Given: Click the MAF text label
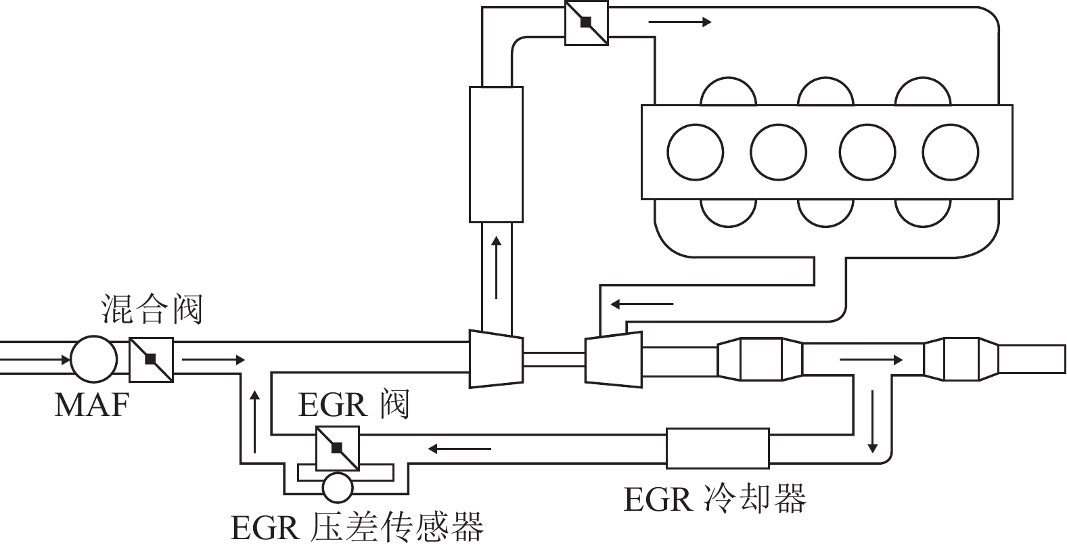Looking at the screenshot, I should click(91, 405).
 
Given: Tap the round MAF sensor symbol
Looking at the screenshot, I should click(94, 359).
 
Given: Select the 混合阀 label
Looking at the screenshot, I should click(152, 310).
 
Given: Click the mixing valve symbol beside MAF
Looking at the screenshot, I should click(151, 359).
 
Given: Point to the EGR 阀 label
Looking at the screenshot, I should click(353, 405).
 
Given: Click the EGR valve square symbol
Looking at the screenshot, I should click(337, 449).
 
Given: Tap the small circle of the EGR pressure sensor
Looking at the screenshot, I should click(337, 487).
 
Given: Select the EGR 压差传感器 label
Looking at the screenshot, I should click(357, 528).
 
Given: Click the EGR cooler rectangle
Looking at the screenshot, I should click(718, 449).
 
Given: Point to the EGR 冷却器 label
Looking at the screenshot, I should click(714, 501).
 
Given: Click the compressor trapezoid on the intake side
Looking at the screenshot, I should click(496, 359).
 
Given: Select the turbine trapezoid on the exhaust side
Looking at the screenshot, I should click(613, 359).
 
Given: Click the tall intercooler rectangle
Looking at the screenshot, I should click(496, 154).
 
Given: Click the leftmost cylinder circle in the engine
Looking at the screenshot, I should click(695, 152).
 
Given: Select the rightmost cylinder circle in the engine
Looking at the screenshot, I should click(950, 152).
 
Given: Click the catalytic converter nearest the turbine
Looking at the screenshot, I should click(760, 359).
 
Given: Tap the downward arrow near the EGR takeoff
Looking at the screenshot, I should click(873, 420).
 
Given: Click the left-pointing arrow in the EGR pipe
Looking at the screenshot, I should click(459, 448).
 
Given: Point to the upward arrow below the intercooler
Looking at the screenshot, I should click(496, 267).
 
